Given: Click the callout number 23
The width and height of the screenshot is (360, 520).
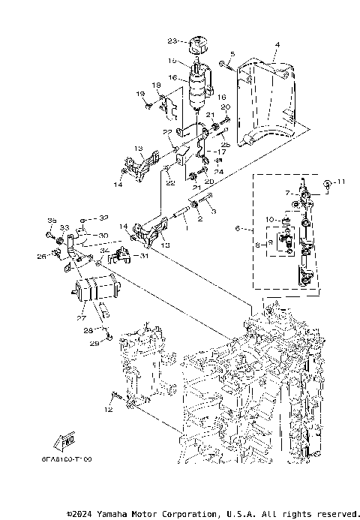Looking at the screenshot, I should tap(172, 41).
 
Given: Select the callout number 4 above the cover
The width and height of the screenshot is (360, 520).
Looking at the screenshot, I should tap(277, 45).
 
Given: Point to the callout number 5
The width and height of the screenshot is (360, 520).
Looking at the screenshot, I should tap(232, 54).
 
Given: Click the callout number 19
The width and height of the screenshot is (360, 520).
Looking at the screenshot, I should tap(139, 93).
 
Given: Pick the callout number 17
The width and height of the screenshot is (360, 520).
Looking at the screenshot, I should tap(222, 152).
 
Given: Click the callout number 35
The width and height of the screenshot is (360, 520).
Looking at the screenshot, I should tap(52, 220).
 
